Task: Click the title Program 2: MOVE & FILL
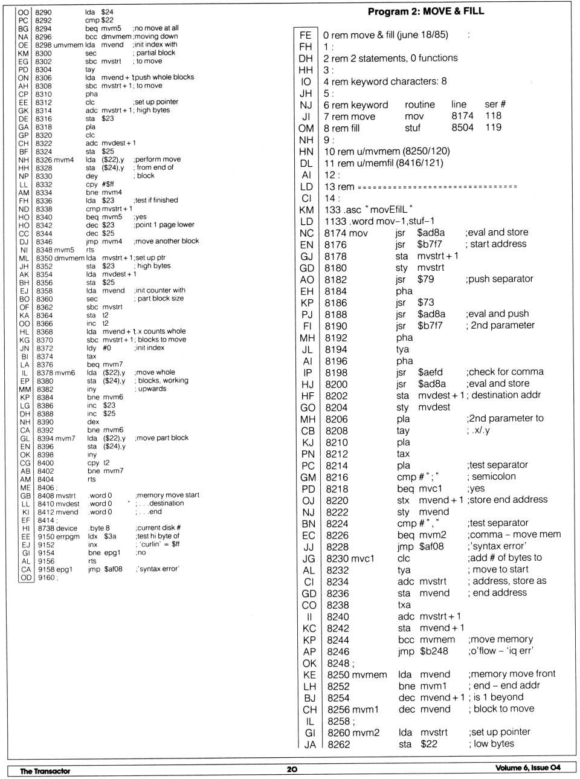click(425, 11)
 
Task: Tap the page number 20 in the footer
click(292, 769)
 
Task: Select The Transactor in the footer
click(45, 771)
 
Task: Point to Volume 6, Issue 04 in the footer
click(527, 768)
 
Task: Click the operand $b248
click(434, 651)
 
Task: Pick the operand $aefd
click(430, 372)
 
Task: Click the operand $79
click(425, 279)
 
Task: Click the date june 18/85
click(423, 35)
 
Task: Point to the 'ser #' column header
click(495, 105)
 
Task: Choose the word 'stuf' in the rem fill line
click(413, 128)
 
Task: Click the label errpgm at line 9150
click(67, 536)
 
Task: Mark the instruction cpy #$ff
click(100, 184)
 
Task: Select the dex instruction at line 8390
click(92, 422)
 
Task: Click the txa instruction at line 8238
click(404, 605)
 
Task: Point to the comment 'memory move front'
click(512, 674)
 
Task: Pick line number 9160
click(46, 577)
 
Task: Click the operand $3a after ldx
click(110, 536)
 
